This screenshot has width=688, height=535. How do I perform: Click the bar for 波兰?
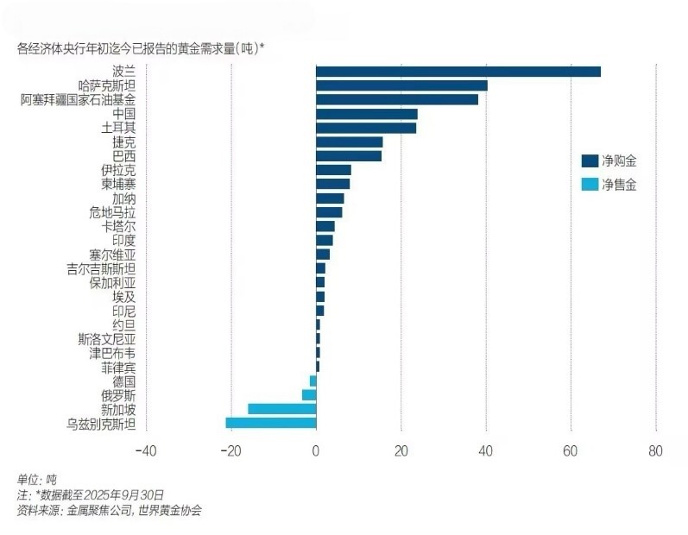tap(458, 72)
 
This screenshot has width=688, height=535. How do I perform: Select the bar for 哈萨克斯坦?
tap(401, 85)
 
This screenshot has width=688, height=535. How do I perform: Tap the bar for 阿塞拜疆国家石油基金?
tap(396, 99)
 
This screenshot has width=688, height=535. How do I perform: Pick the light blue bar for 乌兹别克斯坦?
tap(270, 423)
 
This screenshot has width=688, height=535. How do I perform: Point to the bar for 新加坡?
tap(281, 409)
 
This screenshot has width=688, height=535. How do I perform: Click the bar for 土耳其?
tap(366, 128)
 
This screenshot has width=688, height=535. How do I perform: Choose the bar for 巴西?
tap(349, 156)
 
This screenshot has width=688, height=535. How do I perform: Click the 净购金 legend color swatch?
tap(590, 160)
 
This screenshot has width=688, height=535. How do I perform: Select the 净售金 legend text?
tap(620, 184)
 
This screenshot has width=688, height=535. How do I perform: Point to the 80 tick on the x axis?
tap(655, 450)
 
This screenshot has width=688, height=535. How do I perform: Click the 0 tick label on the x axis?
tap(316, 450)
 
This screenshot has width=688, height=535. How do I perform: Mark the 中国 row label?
tap(124, 114)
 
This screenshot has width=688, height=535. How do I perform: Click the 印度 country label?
tap(124, 241)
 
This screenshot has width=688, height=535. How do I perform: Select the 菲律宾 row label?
tap(118, 368)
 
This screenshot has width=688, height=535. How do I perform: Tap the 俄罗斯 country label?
tap(118, 395)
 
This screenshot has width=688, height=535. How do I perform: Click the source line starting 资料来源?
tap(109, 510)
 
